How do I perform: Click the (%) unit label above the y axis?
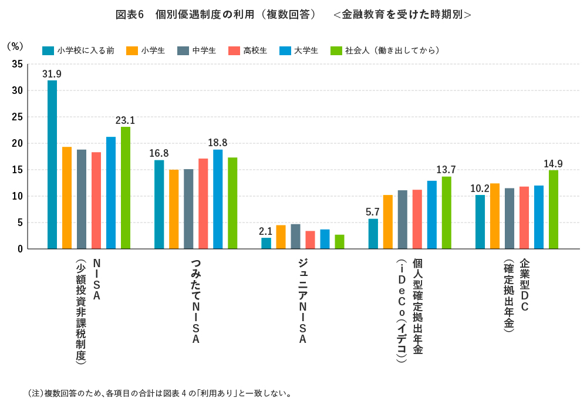tap(15, 46)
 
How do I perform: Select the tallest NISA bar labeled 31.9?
tap(52, 164)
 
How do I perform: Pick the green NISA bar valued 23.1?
tap(126, 188)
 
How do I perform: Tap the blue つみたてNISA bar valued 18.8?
tap(218, 199)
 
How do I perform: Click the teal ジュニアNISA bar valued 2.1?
tap(266, 243)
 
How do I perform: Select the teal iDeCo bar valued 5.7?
tap(373, 234)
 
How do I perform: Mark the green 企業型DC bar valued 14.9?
tap(554, 210)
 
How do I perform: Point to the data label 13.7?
tap(446, 169)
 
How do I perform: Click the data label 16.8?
tap(159, 153)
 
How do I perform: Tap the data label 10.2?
tap(480, 188)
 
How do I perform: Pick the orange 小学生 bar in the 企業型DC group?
tap(495, 216)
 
